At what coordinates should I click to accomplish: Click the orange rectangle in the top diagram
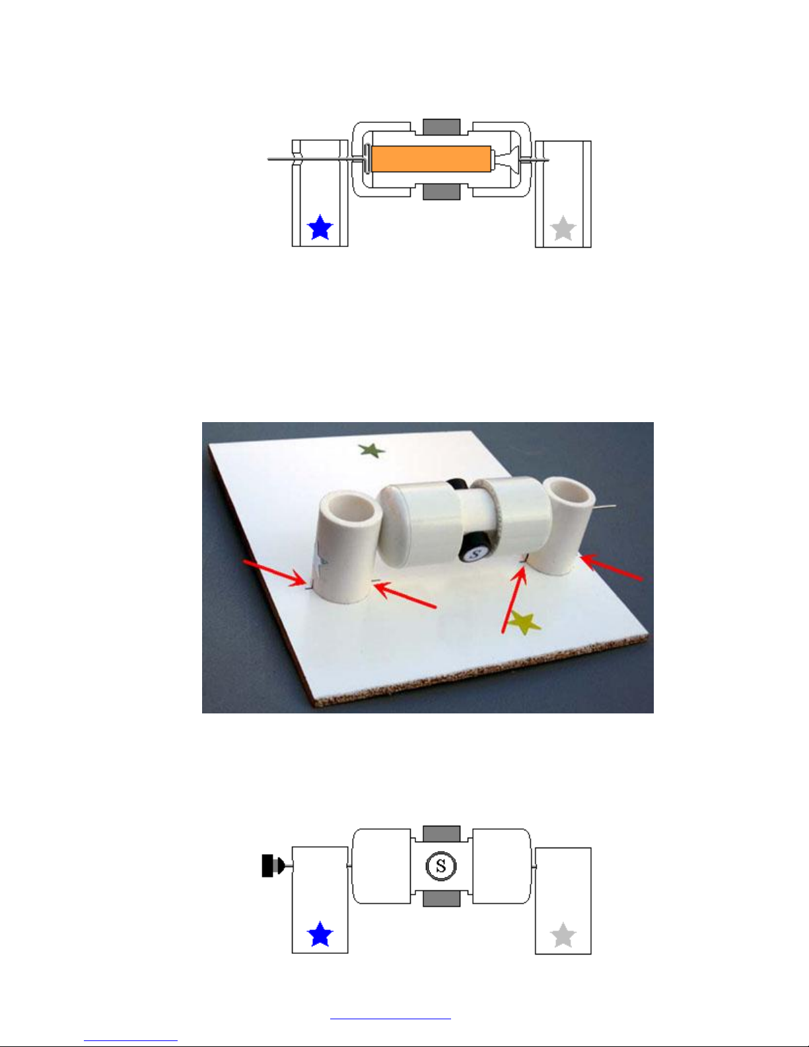[431, 159]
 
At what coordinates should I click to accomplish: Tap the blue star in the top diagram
[320, 228]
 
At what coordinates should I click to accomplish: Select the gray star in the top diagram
[563, 229]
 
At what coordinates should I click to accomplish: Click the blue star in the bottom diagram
[320, 934]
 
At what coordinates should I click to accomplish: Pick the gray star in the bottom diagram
[563, 935]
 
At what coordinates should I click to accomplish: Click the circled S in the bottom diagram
[440, 866]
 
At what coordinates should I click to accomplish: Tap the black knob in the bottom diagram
[272, 866]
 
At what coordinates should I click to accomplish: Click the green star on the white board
[371, 451]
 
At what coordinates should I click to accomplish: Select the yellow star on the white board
[524, 622]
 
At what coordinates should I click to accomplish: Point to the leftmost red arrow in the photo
[275, 573]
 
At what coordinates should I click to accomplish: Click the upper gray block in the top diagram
[442, 126]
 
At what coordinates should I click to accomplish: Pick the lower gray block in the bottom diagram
[442, 899]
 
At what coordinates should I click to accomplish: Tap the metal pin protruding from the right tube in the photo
[605, 507]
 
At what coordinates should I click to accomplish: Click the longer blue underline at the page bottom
[390, 1019]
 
